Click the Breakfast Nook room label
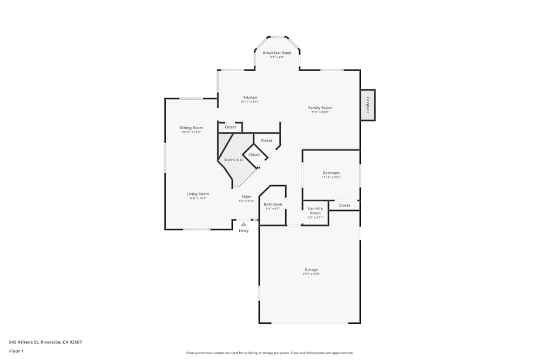(277, 53)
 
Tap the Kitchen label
(250, 98)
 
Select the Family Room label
(320, 108)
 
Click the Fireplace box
(368, 105)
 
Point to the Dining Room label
(191, 128)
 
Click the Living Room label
(198, 194)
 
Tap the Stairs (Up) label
(233, 160)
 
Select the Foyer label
(246, 197)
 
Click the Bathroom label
(273, 205)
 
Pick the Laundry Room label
(315, 210)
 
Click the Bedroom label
(331, 173)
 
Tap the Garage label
(311, 270)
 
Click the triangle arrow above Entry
(244, 224)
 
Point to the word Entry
(244, 231)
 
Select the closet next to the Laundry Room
(345, 205)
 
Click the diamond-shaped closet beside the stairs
(254, 155)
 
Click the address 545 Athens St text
(45, 342)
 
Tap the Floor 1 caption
(17, 351)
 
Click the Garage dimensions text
(311, 274)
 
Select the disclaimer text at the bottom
(270, 353)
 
